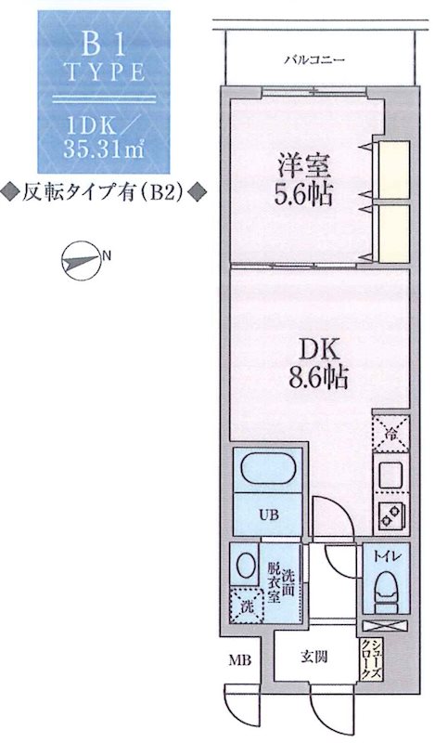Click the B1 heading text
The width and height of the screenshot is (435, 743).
(102, 43)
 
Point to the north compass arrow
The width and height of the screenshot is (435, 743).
(81, 261)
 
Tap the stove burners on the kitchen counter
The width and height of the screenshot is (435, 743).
(387, 512)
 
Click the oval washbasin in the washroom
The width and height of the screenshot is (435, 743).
(246, 565)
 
